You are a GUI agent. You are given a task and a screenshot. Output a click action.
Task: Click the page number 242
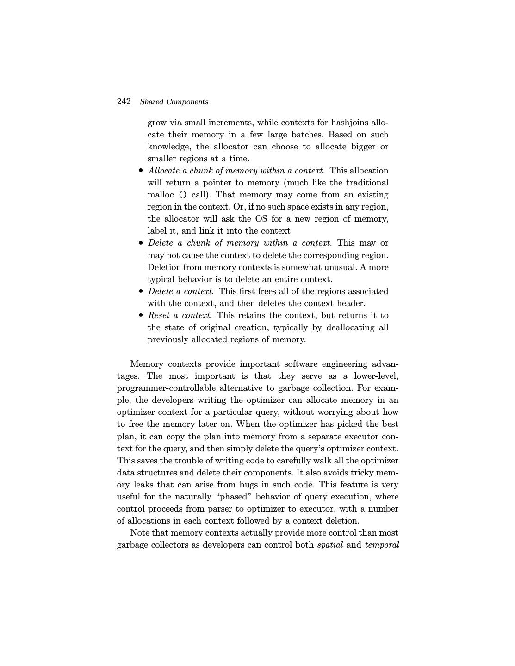coord(124,101)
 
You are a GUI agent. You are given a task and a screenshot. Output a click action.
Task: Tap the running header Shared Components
coord(174,102)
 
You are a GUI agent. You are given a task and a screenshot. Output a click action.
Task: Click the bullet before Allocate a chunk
coord(141,171)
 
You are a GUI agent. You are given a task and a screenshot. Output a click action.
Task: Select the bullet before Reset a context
coord(141,315)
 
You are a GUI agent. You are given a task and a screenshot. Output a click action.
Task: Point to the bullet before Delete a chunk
coord(141,243)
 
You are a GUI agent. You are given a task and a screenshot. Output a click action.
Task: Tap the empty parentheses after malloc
coord(183,195)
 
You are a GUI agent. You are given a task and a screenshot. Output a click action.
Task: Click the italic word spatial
coord(330,545)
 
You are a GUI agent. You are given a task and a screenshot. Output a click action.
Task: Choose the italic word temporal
coord(382,545)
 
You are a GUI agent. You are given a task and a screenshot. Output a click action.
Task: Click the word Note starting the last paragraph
coord(139,533)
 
